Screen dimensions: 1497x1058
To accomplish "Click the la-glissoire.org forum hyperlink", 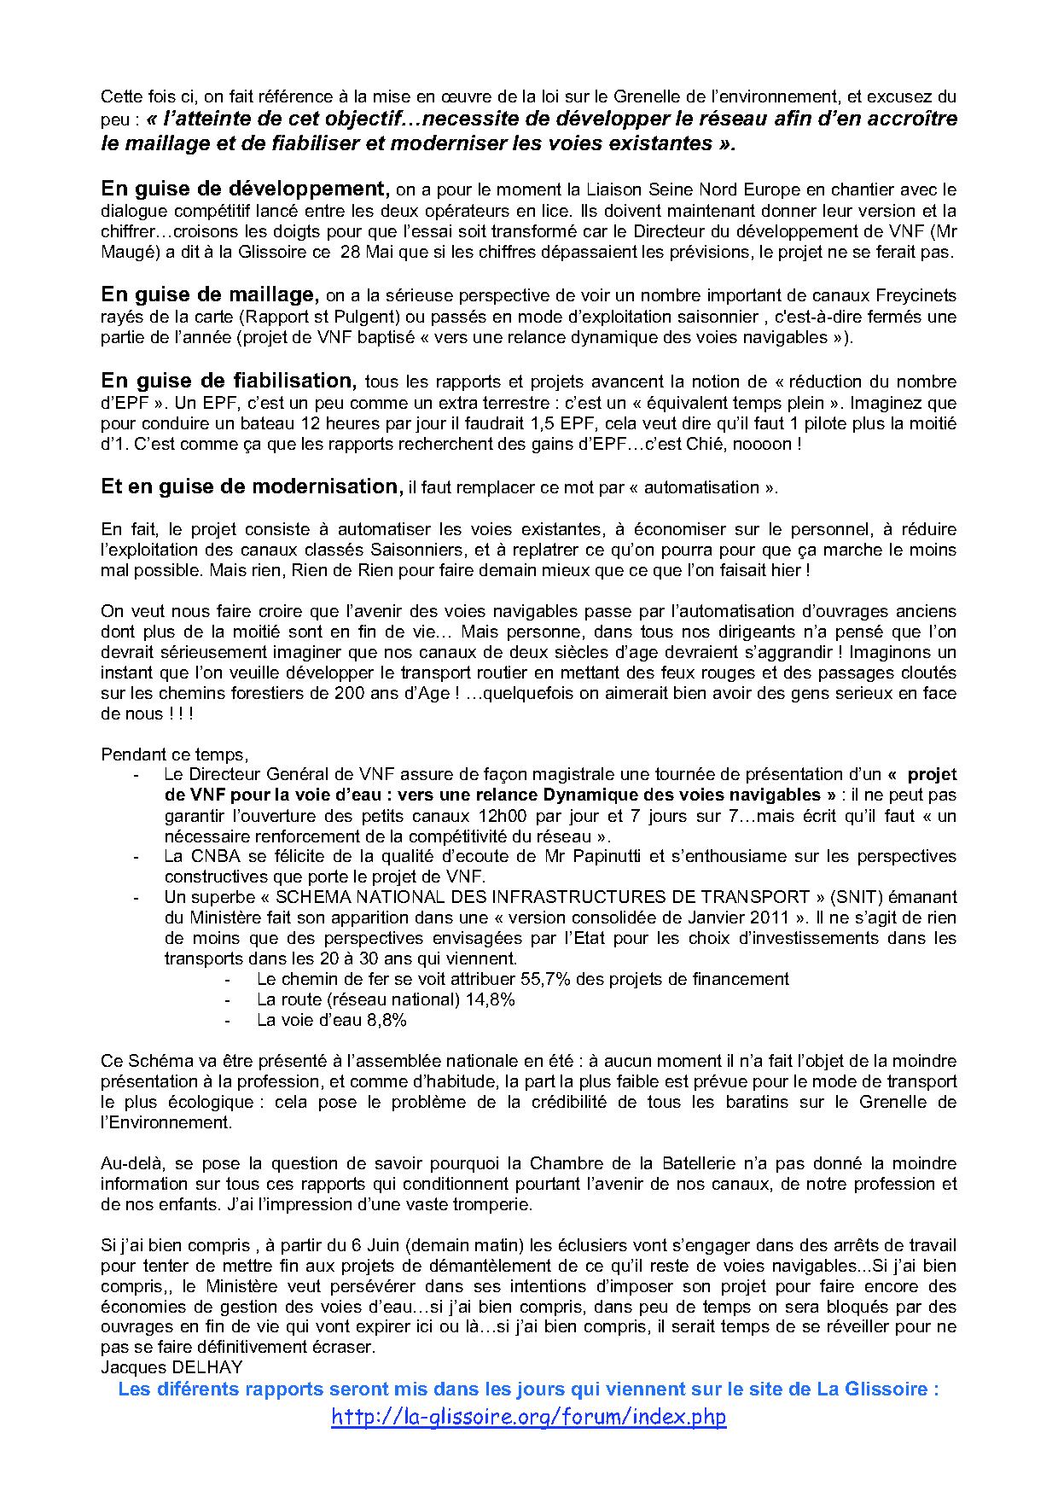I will [528, 1417].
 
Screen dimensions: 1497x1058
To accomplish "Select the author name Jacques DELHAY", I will [171, 1367].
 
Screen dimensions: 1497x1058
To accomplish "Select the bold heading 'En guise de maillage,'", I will [210, 294].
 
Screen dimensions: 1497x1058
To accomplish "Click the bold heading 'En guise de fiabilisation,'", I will [228, 380].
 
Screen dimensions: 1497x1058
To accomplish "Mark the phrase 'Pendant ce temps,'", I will [174, 754].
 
